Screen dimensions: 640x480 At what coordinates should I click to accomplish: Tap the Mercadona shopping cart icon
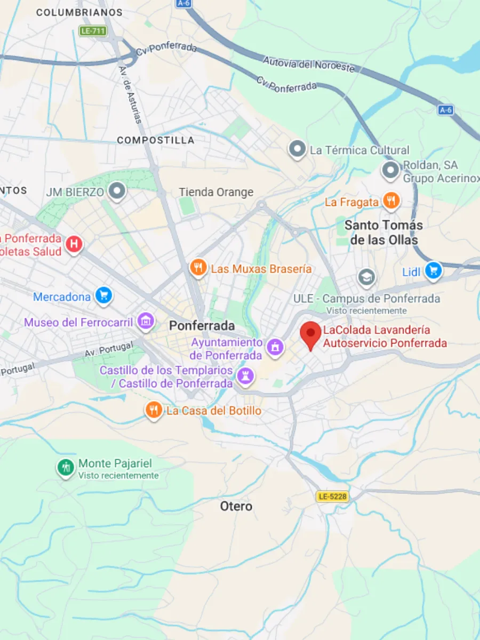click(x=103, y=295)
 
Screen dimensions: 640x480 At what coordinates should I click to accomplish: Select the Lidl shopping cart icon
click(x=433, y=271)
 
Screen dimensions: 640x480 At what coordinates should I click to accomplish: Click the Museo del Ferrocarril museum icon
click(x=145, y=321)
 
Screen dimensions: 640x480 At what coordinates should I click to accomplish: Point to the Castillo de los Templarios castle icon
click(x=245, y=375)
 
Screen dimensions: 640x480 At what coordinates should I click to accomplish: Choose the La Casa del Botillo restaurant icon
click(x=154, y=410)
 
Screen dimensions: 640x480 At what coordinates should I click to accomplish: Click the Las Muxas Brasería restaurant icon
click(x=198, y=268)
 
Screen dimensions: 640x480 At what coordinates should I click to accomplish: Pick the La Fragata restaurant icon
click(x=391, y=201)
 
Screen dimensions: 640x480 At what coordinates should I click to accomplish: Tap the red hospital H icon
click(x=74, y=244)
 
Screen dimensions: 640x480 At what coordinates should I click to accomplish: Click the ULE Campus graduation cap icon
click(x=366, y=277)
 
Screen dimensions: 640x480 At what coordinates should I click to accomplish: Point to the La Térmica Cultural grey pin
click(x=297, y=149)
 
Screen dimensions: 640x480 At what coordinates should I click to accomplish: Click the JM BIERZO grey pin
click(x=116, y=190)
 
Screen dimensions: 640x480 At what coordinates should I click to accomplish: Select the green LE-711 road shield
click(x=93, y=30)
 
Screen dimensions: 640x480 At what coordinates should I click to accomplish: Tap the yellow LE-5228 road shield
click(x=332, y=497)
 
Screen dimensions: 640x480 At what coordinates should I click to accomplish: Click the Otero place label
click(x=236, y=506)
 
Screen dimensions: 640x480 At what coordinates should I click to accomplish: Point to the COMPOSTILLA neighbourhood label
click(x=156, y=140)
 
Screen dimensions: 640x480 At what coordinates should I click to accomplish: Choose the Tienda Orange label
click(x=216, y=192)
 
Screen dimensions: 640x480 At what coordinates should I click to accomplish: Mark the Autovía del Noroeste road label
click(x=308, y=63)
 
